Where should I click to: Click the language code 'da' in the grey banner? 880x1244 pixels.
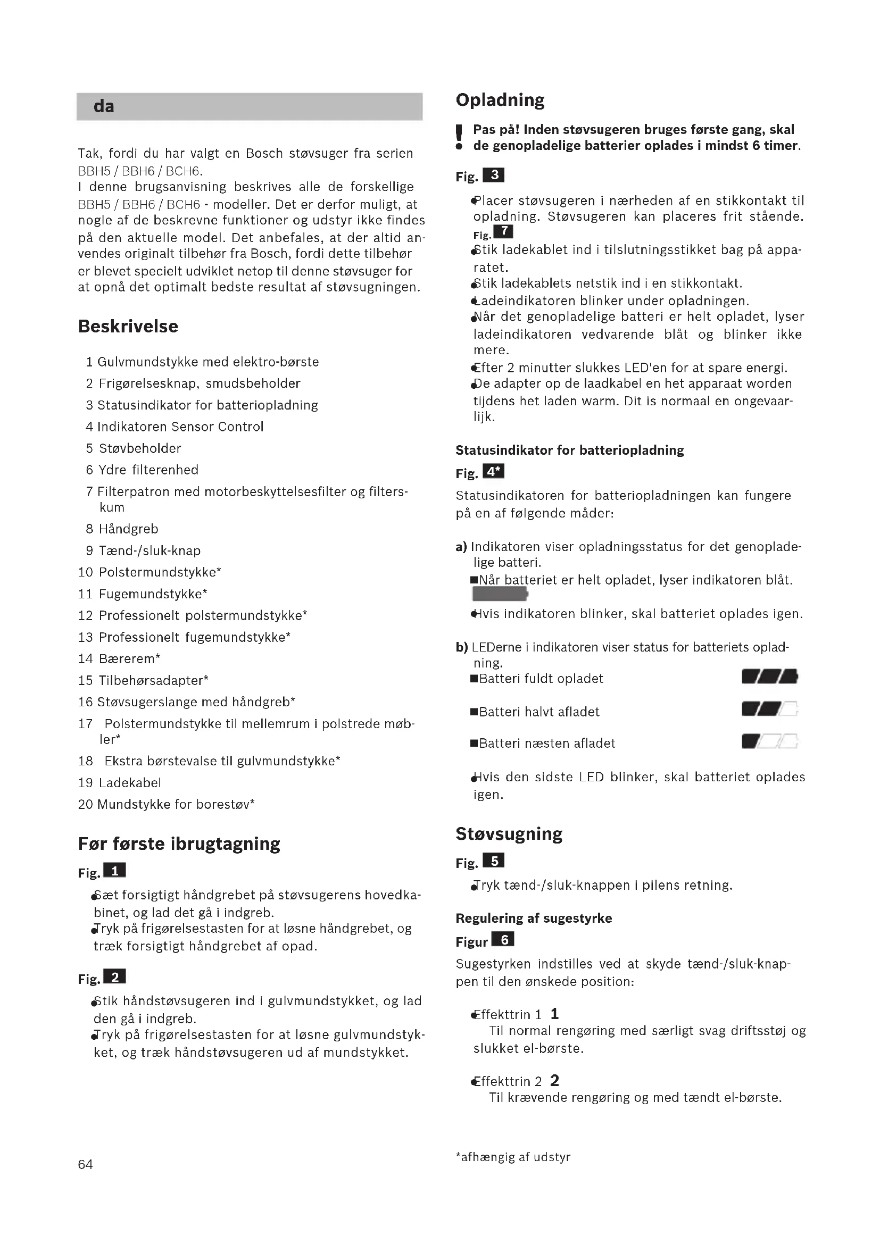pyautogui.click(x=104, y=106)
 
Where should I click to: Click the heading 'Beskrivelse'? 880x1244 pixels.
pyautogui.click(x=128, y=326)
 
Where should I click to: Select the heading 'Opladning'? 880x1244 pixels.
pyautogui.click(x=500, y=99)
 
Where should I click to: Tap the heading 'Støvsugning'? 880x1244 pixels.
pyautogui.click(x=509, y=833)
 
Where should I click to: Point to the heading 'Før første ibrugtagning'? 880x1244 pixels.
pyautogui.click(x=179, y=844)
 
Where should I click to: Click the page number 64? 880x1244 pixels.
pyautogui.click(x=85, y=1164)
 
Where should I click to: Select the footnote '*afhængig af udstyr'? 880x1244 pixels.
pyautogui.click(x=512, y=1157)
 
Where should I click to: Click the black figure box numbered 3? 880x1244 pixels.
pyautogui.click(x=494, y=175)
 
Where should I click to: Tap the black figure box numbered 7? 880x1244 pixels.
pyautogui.click(x=503, y=231)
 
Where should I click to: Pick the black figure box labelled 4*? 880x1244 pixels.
pyautogui.click(x=493, y=471)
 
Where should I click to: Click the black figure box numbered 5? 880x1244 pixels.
pyautogui.click(x=494, y=861)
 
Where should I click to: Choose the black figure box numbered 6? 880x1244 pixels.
pyautogui.click(x=503, y=939)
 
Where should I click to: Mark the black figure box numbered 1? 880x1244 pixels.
pyautogui.click(x=114, y=871)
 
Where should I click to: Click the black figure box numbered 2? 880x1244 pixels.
pyautogui.click(x=114, y=977)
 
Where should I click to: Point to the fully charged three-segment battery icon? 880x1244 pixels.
pyautogui.click(x=769, y=677)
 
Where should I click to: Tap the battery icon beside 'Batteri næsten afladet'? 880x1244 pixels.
pyautogui.click(x=769, y=741)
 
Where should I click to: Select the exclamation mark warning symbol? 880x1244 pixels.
pyautogui.click(x=459, y=138)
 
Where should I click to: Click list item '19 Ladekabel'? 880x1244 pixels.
pyautogui.click(x=119, y=782)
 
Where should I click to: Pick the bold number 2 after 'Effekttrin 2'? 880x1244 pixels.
pyautogui.click(x=554, y=1080)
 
